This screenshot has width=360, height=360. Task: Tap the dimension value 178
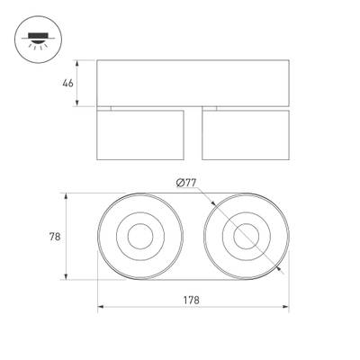193,300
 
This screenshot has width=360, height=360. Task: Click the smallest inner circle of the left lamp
140,238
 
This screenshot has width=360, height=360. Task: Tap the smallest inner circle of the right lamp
245,238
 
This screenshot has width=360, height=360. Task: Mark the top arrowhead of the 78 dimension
69,196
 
